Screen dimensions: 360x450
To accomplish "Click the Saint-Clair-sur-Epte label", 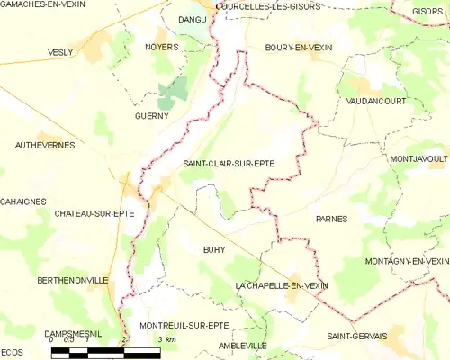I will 229,163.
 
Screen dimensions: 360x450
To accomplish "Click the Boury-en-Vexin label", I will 299,47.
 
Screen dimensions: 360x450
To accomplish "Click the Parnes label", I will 331,219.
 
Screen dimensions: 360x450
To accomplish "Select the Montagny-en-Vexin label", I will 407,261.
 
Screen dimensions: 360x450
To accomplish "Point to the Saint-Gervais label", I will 356,337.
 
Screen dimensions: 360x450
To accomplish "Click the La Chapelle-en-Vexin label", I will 281,285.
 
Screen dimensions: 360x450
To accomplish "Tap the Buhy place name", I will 213,249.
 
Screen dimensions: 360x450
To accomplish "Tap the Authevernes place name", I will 44,144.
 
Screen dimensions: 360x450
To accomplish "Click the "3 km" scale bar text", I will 165,339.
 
